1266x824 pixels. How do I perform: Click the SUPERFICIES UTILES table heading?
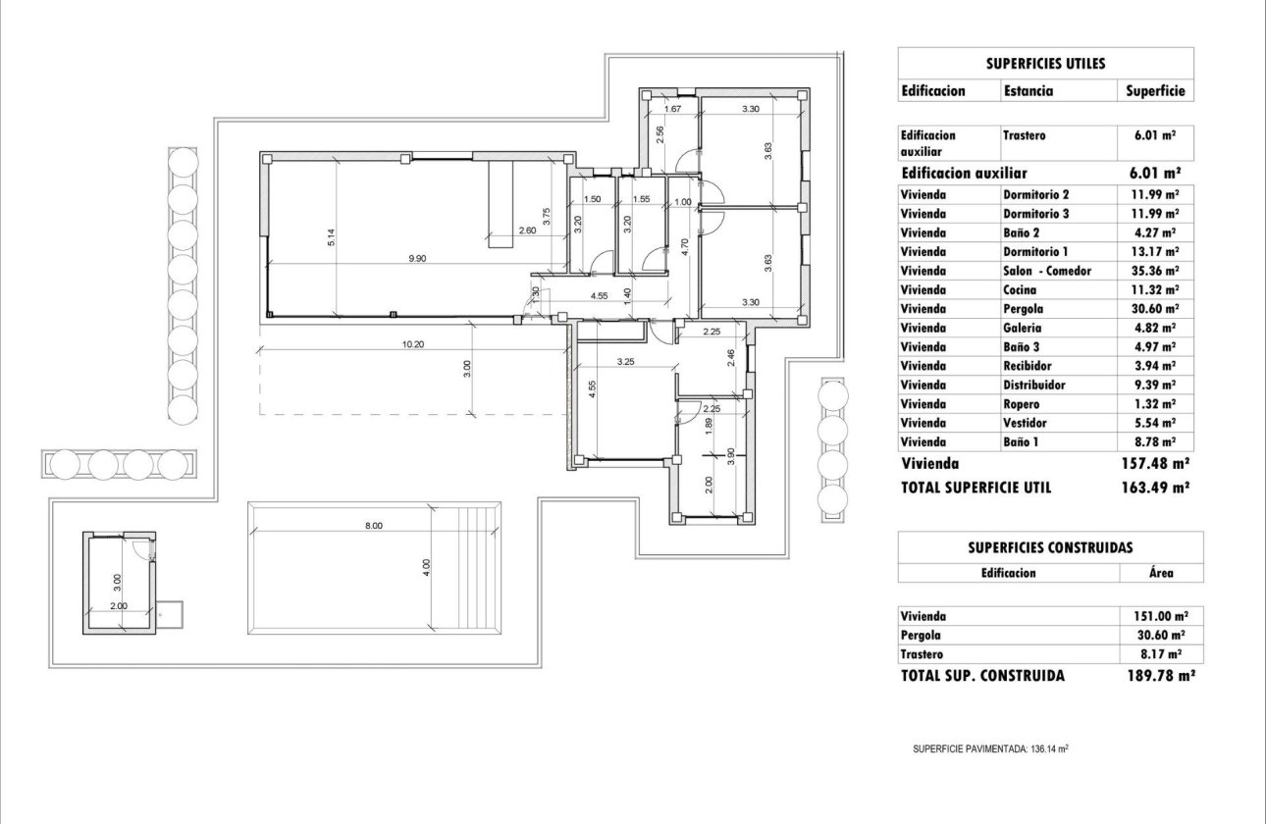[1045, 64]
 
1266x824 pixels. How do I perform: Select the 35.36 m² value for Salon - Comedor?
[1154, 271]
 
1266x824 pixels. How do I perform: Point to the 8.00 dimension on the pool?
[373, 526]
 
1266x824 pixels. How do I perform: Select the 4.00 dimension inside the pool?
[425, 566]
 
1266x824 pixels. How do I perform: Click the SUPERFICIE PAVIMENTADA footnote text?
[989, 748]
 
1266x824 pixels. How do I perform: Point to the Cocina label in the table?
[1021, 290]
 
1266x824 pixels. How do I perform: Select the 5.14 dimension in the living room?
[332, 236]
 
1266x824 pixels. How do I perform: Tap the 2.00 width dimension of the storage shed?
[118, 606]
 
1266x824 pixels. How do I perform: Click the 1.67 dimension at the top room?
[673, 109]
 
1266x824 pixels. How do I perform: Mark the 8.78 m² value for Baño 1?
[1154, 442]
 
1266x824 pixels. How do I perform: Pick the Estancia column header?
[1028, 90]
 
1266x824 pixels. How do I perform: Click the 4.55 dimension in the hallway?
[601, 295]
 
